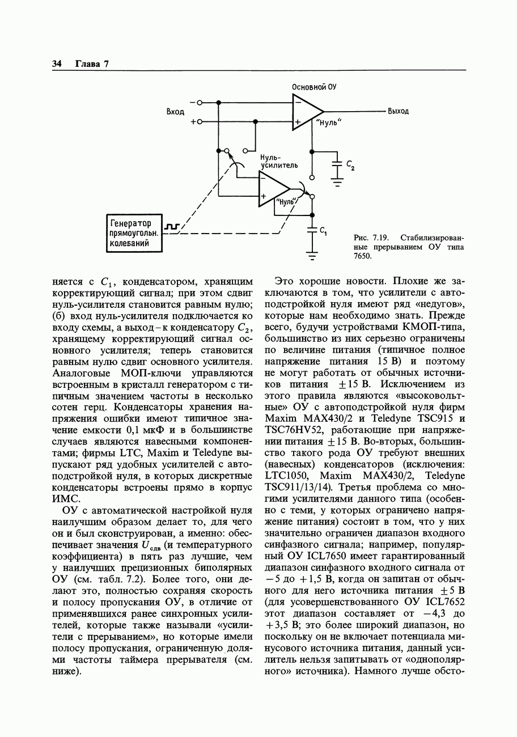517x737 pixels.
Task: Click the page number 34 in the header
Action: [57, 64]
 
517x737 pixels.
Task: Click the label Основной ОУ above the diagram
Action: [314, 87]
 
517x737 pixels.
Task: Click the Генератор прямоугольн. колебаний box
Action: [134, 232]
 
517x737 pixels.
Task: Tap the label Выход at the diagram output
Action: [398, 112]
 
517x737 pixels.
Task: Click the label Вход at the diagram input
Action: [175, 112]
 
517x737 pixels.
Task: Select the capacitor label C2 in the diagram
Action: [350, 166]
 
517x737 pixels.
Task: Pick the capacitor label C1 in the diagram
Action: [323, 231]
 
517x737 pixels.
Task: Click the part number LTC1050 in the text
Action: [287, 476]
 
